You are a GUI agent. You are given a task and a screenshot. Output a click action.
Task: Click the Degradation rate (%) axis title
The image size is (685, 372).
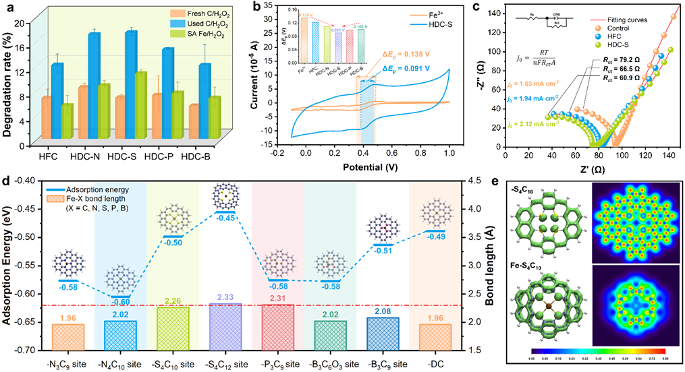(x=9, y=77)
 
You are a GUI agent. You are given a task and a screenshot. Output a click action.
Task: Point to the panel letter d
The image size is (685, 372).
(x=7, y=182)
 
